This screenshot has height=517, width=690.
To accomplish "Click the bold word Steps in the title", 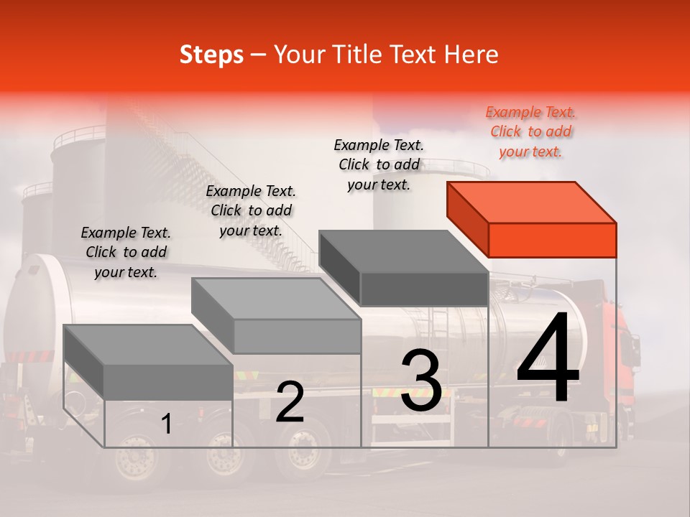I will click(x=211, y=55).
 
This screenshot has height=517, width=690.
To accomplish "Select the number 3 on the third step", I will click(x=421, y=381).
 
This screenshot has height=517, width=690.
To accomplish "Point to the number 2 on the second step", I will click(x=290, y=402).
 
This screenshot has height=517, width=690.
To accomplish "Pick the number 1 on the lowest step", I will click(x=167, y=424).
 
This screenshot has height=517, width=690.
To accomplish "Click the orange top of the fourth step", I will click(x=530, y=202).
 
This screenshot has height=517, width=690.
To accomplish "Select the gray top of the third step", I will click(x=402, y=251).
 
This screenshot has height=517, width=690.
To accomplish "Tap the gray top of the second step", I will click(x=275, y=298).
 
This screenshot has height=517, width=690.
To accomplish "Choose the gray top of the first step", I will click(x=148, y=345).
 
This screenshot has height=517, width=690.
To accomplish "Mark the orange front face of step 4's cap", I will click(x=552, y=240).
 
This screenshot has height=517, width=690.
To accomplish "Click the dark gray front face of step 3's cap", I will click(x=424, y=289).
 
